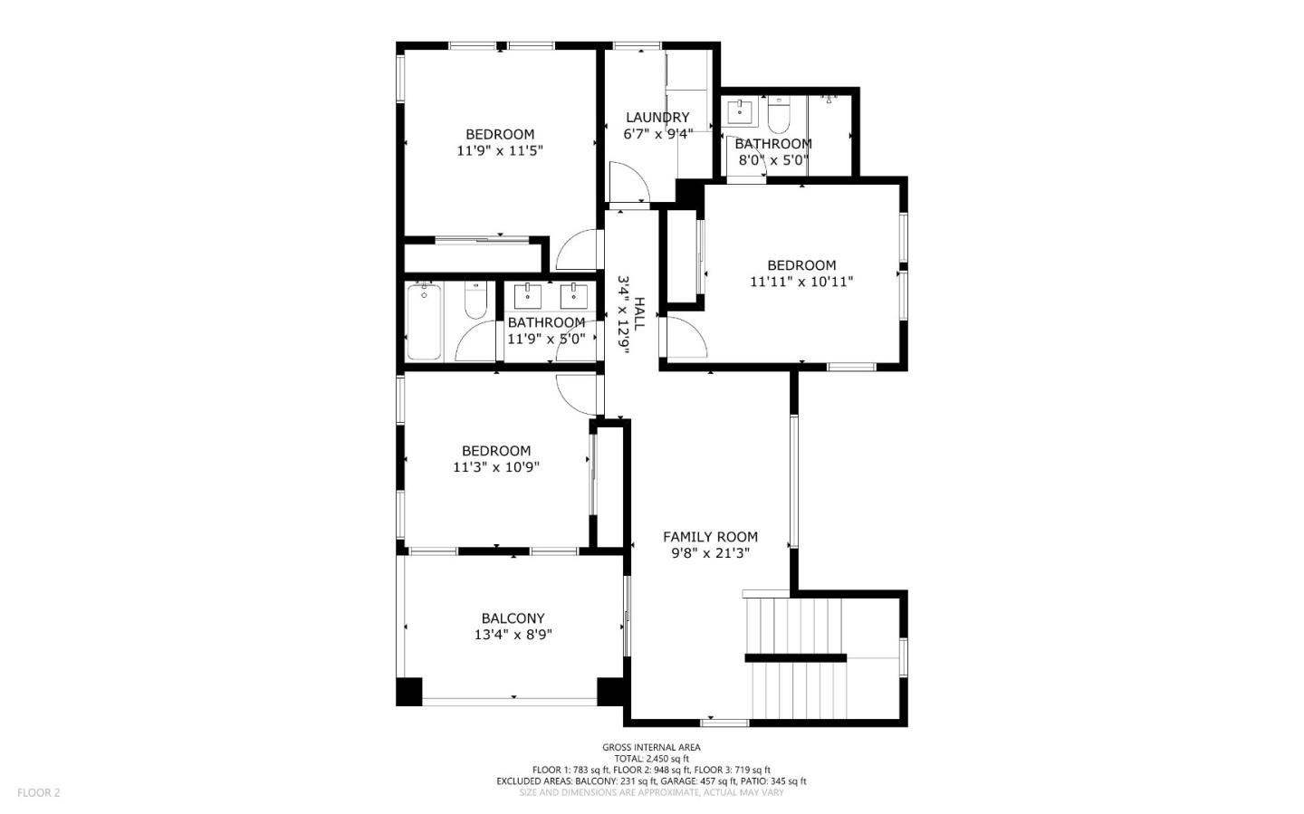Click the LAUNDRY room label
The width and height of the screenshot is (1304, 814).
click(x=657, y=118)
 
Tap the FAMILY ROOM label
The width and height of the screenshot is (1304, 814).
click(x=710, y=537)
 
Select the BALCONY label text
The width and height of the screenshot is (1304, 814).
click(x=513, y=619)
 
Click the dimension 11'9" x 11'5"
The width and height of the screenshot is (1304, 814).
click(x=500, y=151)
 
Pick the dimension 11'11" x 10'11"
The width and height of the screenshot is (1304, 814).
click(x=801, y=282)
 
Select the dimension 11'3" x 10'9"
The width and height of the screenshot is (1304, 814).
click(x=496, y=467)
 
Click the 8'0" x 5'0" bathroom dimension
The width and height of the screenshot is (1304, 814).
click(x=772, y=161)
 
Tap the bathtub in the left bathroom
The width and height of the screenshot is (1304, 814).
click(x=424, y=321)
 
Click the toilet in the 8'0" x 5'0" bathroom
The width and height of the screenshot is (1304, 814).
click(x=779, y=116)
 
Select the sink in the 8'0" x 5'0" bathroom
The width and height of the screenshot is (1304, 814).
click(x=741, y=113)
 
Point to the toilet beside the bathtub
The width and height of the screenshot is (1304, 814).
click(x=475, y=300)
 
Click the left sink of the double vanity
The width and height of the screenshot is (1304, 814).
click(x=527, y=295)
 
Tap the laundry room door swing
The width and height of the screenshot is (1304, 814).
click(x=628, y=184)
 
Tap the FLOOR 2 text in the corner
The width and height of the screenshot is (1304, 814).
click(x=38, y=793)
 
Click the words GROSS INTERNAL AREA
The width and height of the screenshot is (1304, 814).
click(x=651, y=747)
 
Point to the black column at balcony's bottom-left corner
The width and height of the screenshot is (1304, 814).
click(x=409, y=691)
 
